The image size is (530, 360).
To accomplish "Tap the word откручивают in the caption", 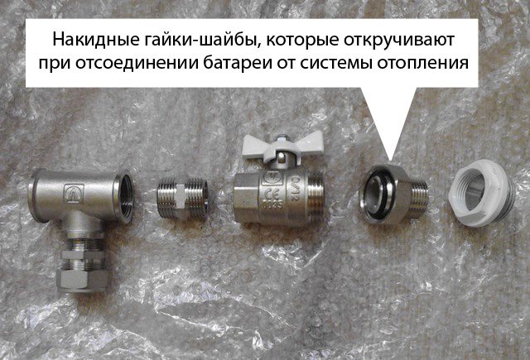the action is [398, 41].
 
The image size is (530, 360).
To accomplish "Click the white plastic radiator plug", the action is [481, 192].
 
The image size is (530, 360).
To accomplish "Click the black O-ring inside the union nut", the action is [379, 194].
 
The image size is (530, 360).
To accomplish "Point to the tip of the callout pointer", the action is [389, 160].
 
